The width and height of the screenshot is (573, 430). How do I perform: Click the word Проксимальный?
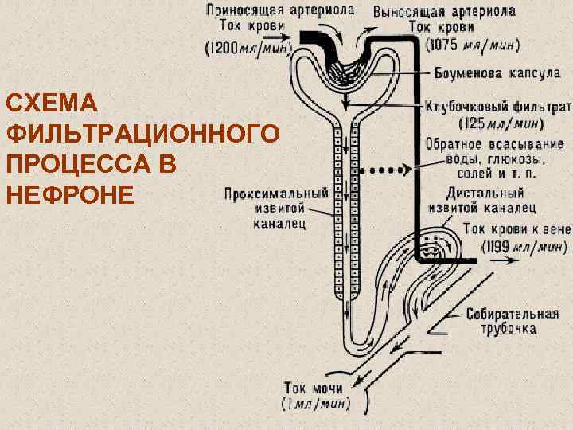(x=276, y=193)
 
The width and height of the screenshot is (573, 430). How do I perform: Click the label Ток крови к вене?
(x=516, y=229)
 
